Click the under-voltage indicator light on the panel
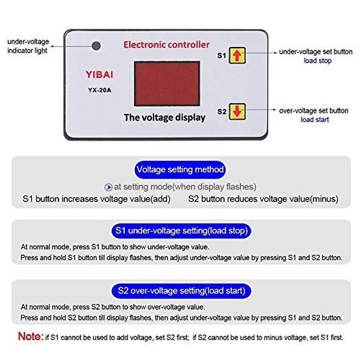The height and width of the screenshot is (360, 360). point(96,46)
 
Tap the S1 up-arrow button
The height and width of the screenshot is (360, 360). point(237,55)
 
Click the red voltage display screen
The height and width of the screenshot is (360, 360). point(167,84)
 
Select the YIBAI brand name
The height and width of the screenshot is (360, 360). point(99,75)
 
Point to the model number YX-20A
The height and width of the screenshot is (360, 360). point(99,90)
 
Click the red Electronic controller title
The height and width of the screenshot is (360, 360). point(166,45)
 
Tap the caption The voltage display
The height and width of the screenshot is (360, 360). point(164,117)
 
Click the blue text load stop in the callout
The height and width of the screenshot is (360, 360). point(317,61)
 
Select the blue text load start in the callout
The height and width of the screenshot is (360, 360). point(314,119)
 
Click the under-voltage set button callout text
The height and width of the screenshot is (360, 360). point(316,52)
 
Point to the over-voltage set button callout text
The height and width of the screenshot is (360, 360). point(313,111)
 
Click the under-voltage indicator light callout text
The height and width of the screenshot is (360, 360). point(28,46)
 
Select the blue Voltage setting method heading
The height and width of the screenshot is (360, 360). point(180,169)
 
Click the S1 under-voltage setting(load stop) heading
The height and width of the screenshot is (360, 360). point(181,231)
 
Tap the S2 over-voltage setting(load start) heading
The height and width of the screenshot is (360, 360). point(181,291)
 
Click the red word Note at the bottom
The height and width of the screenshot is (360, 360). point(31,336)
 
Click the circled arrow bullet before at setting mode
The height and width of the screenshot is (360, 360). point(108,187)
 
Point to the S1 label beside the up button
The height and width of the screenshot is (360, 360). point(221,55)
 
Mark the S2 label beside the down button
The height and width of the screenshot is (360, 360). point(222,112)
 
